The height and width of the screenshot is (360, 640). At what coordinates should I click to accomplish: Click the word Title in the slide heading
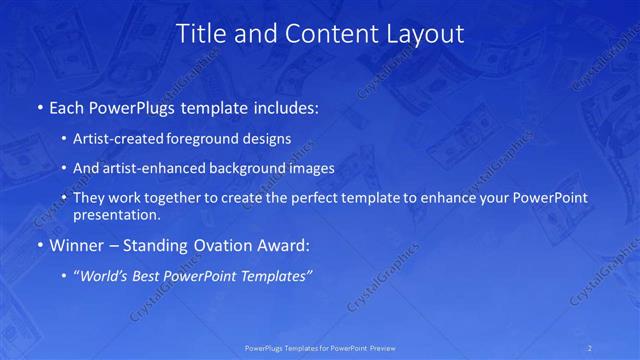pyautogui.click(x=200, y=33)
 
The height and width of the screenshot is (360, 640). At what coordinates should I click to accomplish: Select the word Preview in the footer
pyautogui.click(x=383, y=348)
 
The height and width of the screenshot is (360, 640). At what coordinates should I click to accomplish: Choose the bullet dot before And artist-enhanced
pyautogui.click(x=65, y=169)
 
